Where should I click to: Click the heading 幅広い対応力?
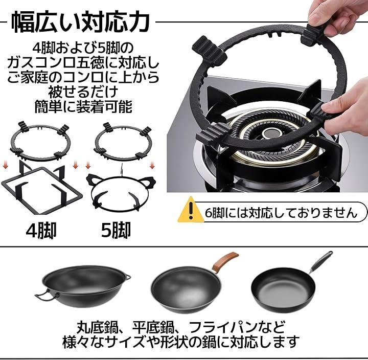80,23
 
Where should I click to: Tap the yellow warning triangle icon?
191,210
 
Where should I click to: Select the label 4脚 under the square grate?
41,231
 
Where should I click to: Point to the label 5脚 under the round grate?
116,231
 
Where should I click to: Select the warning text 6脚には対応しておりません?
281,213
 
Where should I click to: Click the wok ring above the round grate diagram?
122,158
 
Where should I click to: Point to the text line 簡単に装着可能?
83,106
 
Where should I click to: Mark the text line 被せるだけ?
83,92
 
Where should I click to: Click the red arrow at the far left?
5,165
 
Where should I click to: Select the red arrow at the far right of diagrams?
152,165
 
